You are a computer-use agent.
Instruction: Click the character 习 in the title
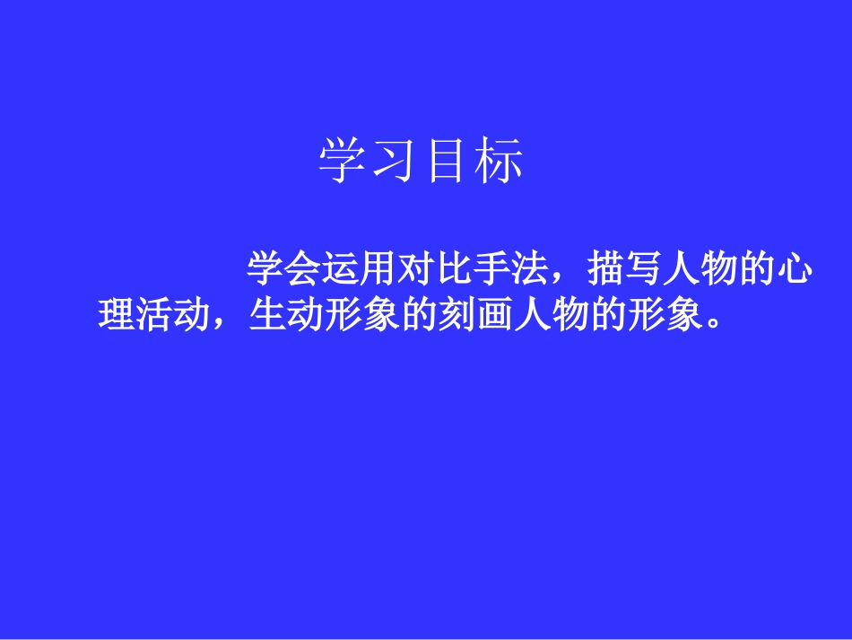tap(395, 162)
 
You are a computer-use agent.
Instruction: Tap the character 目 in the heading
tap(447, 162)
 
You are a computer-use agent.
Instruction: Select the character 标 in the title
tap(499, 162)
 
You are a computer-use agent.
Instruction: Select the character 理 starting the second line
tap(116, 314)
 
